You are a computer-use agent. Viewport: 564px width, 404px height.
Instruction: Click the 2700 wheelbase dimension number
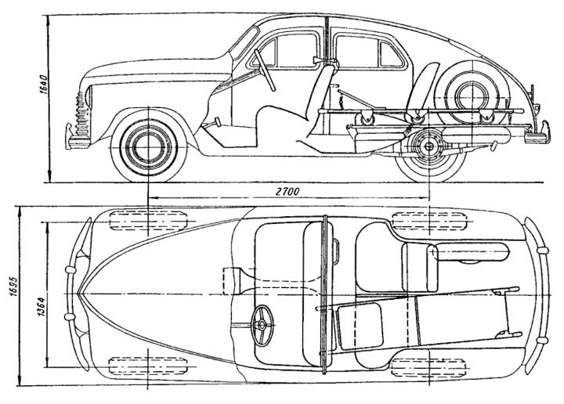[287, 191]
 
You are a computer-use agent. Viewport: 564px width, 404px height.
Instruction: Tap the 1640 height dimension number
[44, 85]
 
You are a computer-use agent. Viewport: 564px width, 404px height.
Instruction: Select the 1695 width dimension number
[14, 286]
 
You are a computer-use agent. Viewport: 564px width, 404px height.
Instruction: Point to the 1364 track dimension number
[41, 306]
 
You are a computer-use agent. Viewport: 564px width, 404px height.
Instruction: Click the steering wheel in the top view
[262, 325]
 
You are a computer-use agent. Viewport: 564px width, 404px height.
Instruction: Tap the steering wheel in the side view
[265, 70]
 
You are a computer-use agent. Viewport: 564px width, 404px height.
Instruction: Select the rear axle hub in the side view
[429, 146]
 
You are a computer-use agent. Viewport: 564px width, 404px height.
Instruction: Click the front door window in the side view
[284, 50]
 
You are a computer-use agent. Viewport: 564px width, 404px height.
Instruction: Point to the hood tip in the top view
[79, 294]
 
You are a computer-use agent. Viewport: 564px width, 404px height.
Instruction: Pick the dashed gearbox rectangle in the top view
[231, 281]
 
